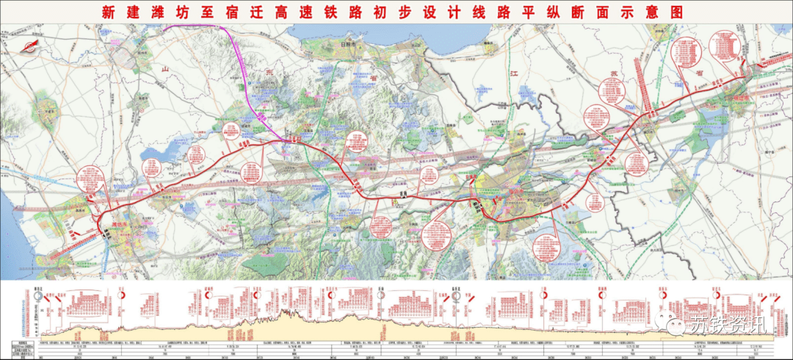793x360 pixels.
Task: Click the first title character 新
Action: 109,12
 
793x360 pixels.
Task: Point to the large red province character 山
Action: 165,68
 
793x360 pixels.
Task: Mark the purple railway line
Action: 242,73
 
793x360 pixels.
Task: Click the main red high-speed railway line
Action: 411,198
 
